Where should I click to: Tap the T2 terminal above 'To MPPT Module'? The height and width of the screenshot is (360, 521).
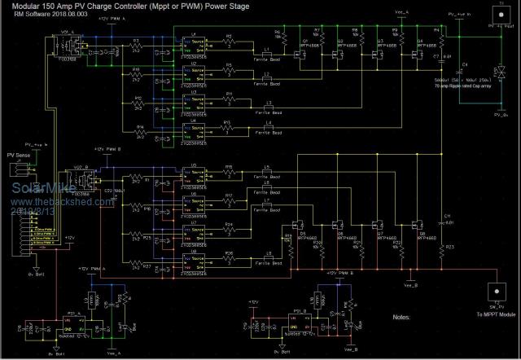click(493, 290)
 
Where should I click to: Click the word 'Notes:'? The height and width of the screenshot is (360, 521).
click(403, 316)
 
